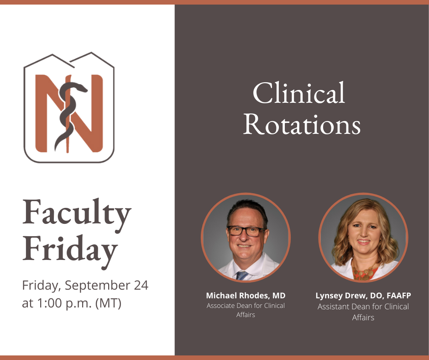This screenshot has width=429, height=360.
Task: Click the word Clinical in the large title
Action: pyautogui.click(x=298, y=93)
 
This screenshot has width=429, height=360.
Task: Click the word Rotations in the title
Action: pyautogui.click(x=302, y=124)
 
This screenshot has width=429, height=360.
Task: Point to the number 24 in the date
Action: pyautogui.click(x=141, y=285)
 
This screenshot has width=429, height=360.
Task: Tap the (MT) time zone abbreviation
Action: pyautogui.click(x=108, y=303)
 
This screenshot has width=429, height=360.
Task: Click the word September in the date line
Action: pyautogui.click(x=97, y=286)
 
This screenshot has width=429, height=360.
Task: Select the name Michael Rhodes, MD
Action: pyautogui.click(x=246, y=296)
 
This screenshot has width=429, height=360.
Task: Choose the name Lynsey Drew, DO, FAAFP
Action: pyautogui.click(x=363, y=296)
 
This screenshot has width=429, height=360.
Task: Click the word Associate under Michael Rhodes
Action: pyautogui.click(x=220, y=306)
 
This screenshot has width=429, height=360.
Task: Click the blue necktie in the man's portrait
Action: pyautogui.click(x=242, y=275)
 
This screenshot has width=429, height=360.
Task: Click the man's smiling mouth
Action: pyautogui.click(x=244, y=246)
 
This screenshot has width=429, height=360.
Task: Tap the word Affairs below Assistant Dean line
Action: pyautogui.click(x=363, y=318)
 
